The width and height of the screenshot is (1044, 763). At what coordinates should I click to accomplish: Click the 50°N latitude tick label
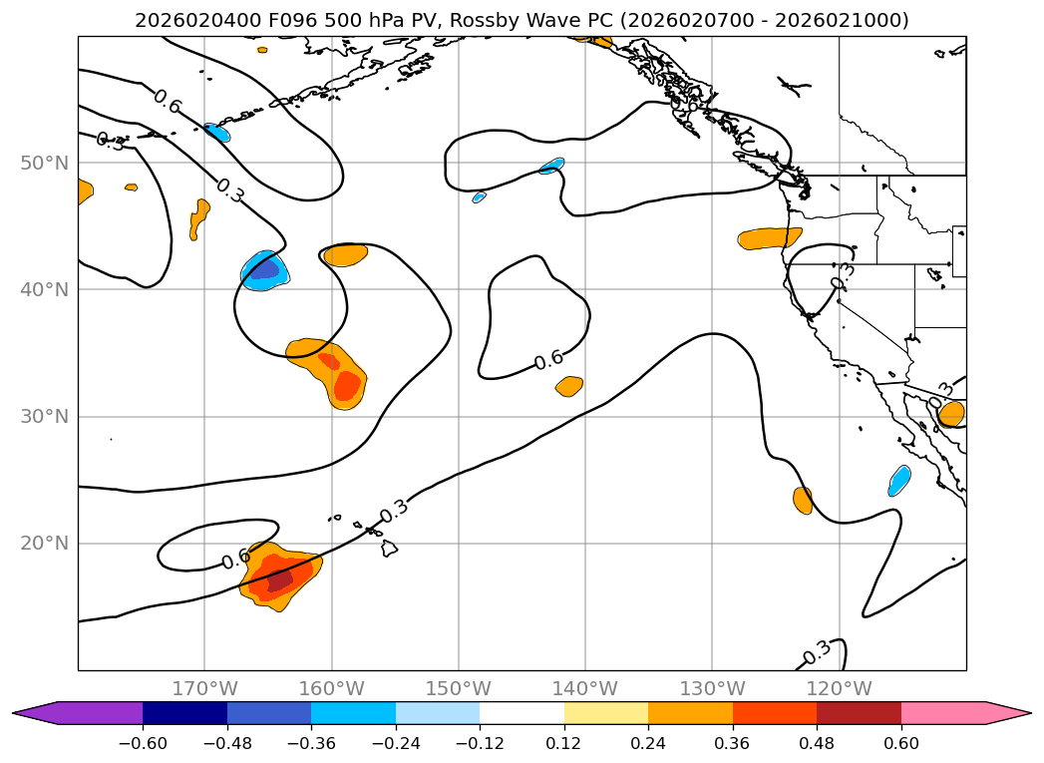pos(44,164)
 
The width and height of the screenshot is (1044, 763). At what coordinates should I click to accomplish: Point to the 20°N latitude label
pos(44,544)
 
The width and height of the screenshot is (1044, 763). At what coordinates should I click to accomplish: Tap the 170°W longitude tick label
pos(204,688)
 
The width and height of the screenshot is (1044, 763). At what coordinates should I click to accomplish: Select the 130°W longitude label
pos(712,688)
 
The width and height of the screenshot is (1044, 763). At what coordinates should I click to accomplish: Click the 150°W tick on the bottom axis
pos(458,688)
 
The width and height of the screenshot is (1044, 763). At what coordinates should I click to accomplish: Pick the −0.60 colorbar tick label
pos(143,743)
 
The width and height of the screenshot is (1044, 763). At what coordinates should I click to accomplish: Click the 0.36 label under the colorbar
pos(733,743)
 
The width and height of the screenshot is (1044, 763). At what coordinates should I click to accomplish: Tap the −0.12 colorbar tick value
pos(480,743)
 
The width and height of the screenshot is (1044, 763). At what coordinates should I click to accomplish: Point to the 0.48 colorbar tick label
pos(817,743)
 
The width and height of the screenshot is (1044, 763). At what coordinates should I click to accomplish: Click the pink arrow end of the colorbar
pos(999,713)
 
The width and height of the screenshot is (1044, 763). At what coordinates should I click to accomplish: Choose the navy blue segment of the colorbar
pos(184,713)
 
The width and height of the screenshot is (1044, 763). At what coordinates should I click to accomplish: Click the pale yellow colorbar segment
pos(606,713)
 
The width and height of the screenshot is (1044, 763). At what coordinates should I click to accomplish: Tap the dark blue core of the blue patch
pos(265,269)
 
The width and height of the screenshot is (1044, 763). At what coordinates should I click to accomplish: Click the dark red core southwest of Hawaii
pos(279,579)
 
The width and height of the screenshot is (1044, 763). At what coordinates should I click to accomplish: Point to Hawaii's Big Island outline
pos(390,549)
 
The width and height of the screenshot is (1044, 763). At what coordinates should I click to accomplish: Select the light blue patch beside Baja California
pos(899,481)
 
